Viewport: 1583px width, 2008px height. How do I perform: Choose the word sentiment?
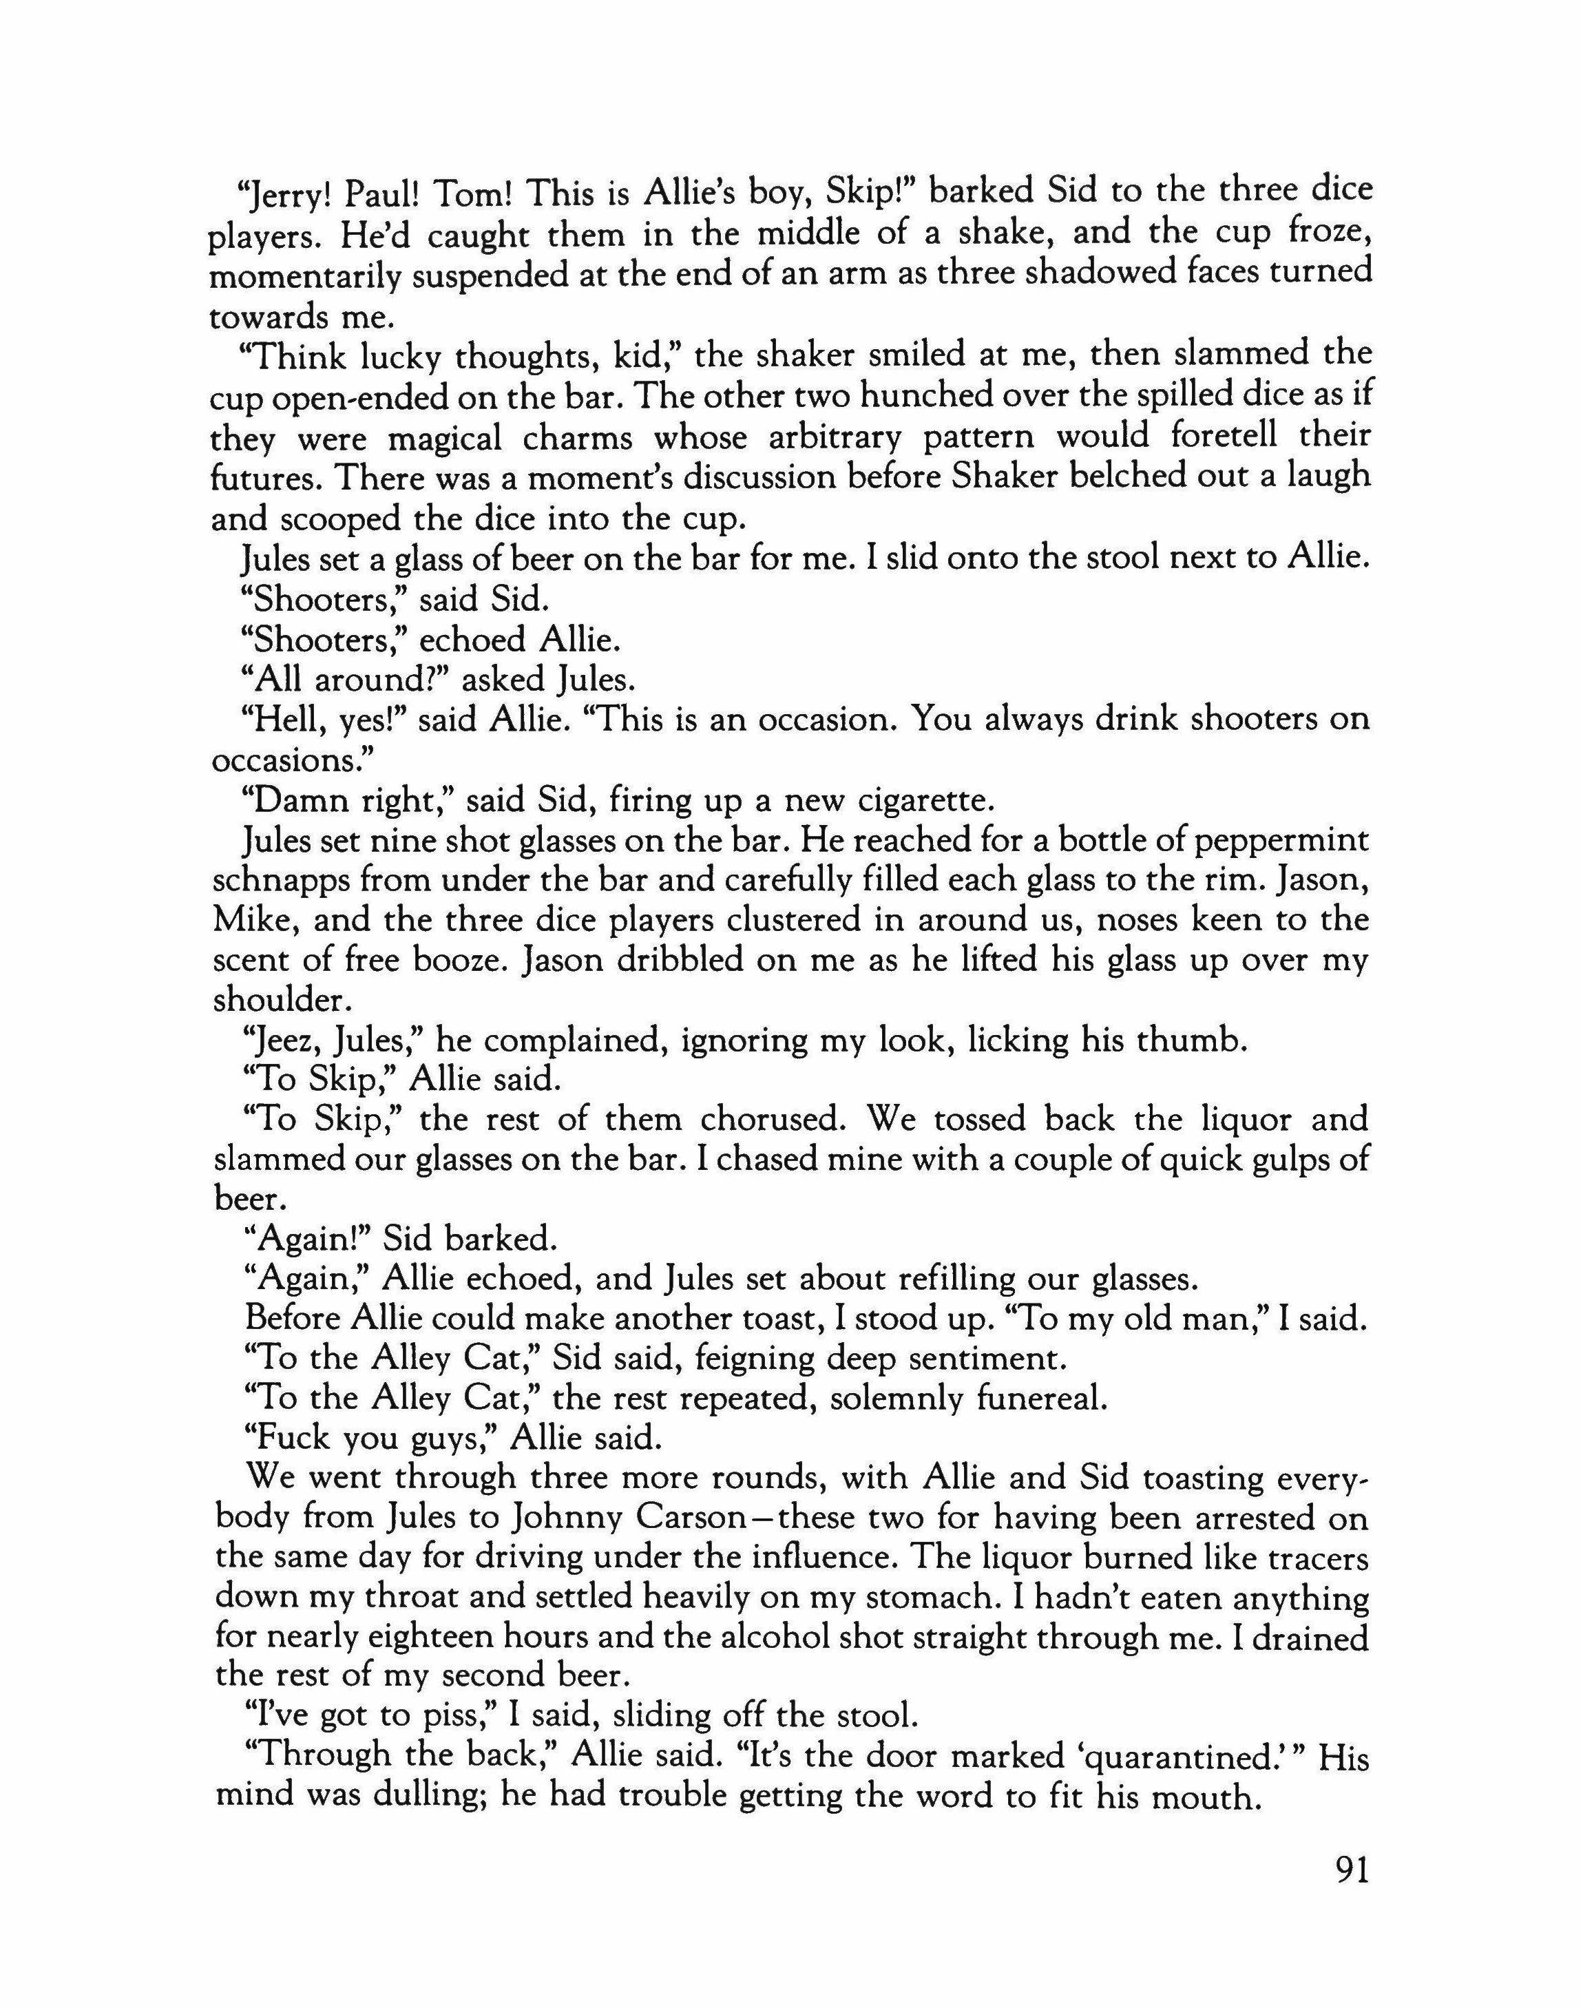pyautogui.click(x=965, y=1359)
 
